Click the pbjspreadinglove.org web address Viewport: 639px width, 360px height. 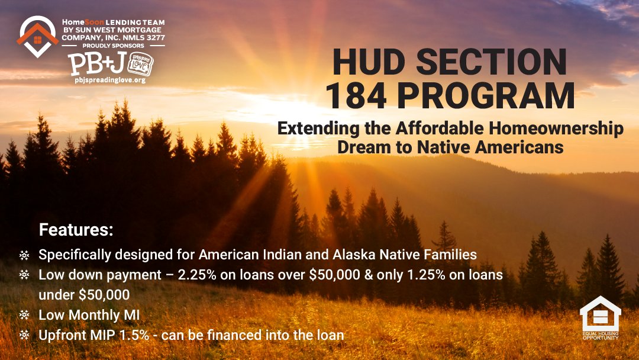pos(110,80)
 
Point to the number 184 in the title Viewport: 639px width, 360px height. pos(359,96)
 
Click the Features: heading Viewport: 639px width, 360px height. pos(76,229)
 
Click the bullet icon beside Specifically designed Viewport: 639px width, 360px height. pos(24,256)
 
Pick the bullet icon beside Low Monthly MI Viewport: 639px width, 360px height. pos(24,316)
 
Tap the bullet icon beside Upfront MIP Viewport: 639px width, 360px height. pos(24,335)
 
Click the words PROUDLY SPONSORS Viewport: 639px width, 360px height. pos(114,46)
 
